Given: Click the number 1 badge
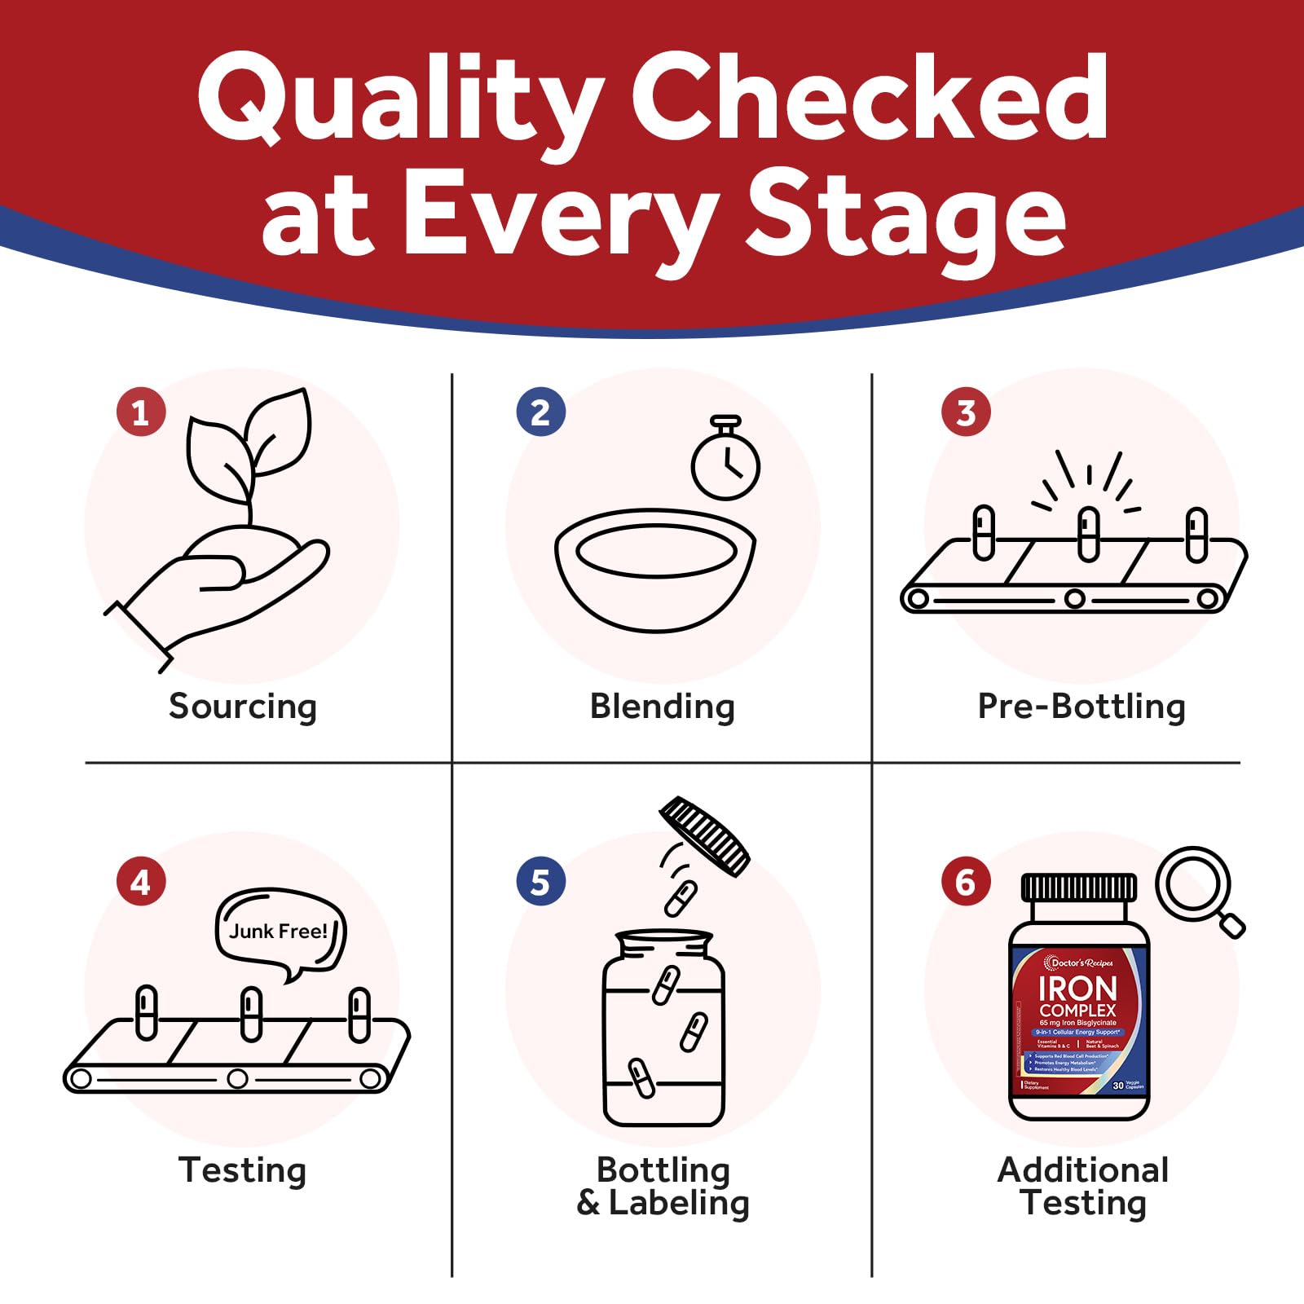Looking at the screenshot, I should (x=141, y=412).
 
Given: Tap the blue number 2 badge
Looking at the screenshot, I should (x=540, y=412).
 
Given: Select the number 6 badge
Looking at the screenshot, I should (x=966, y=882).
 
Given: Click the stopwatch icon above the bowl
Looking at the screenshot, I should (x=725, y=465).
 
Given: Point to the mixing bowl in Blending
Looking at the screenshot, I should (x=655, y=570).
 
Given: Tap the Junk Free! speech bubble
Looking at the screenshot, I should (x=280, y=931).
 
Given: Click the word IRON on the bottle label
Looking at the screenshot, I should (x=1077, y=989).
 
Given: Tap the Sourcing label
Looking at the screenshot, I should (x=243, y=706).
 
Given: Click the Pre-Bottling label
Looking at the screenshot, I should (x=1081, y=706).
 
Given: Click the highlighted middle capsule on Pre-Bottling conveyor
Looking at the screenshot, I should (x=1089, y=534).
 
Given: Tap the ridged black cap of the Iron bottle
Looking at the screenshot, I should (x=1078, y=888).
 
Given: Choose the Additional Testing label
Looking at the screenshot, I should (x=1082, y=1186).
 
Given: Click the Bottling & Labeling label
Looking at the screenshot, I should (x=663, y=1186).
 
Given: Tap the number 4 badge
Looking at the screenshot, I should (x=141, y=882).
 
